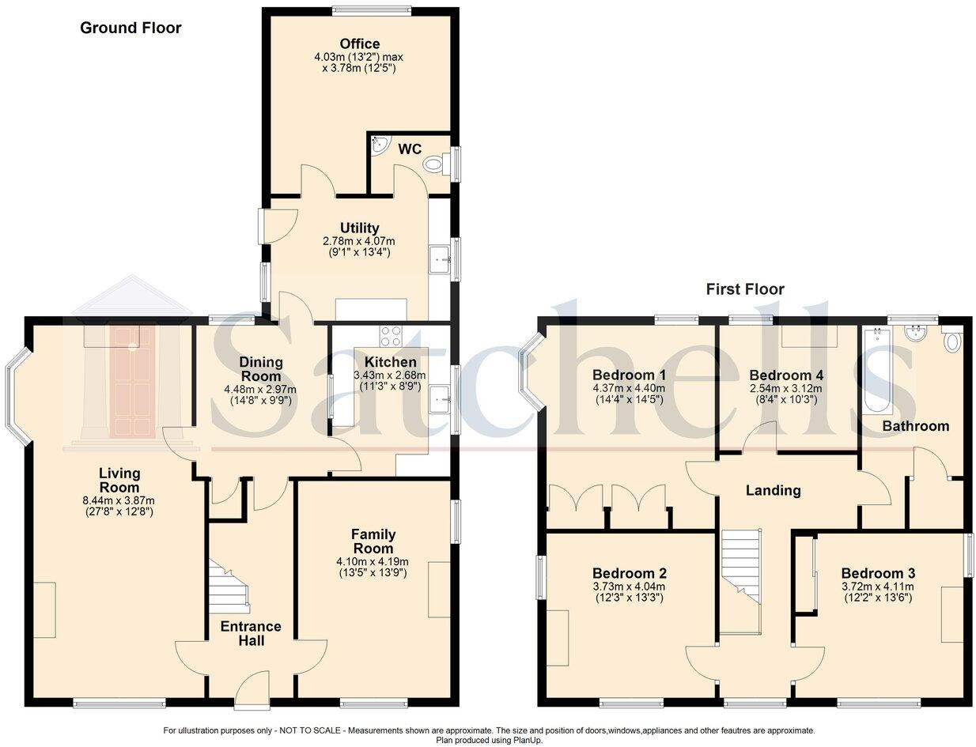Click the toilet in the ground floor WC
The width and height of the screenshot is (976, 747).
(x=435, y=164)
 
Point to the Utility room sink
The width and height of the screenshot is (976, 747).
(x=439, y=259)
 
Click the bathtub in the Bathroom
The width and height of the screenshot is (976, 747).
(x=877, y=371)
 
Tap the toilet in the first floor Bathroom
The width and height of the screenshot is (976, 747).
(x=951, y=341)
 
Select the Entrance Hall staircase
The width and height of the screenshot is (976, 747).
(x=229, y=586)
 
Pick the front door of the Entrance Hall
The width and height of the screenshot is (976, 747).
(x=252, y=688)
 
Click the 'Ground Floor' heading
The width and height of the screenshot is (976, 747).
(x=131, y=28)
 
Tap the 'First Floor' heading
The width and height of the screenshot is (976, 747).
(x=745, y=289)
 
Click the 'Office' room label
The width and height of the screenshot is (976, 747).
(x=360, y=44)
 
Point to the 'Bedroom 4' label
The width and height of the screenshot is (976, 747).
(x=781, y=375)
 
